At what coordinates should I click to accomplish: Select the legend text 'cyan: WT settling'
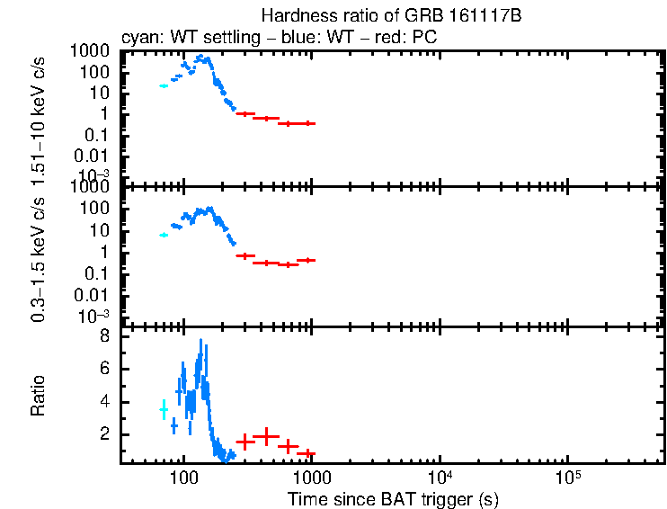(x=175, y=39)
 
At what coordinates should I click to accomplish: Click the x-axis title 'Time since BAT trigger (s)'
(x=393, y=497)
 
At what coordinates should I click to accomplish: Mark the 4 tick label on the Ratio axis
(x=104, y=401)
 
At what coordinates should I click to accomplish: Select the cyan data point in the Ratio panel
(x=164, y=409)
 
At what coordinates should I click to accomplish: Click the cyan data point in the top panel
(x=164, y=85)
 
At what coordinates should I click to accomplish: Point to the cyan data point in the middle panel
(x=164, y=235)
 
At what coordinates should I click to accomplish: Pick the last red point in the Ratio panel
(x=306, y=453)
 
